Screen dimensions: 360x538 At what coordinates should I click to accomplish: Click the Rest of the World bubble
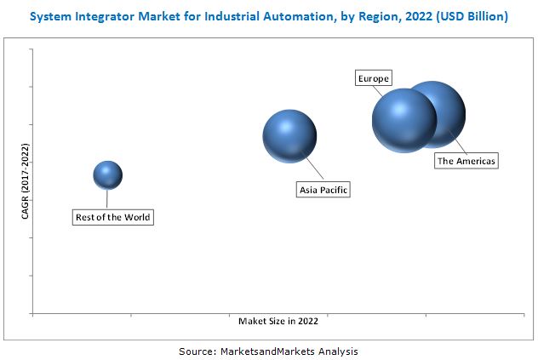coord(107,175)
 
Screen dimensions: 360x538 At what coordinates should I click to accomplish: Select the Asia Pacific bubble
coord(289,136)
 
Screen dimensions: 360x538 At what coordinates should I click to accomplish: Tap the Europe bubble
coord(403,120)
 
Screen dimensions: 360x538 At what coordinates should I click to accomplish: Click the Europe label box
coord(373,79)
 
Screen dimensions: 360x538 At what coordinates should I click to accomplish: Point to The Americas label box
coord(466,160)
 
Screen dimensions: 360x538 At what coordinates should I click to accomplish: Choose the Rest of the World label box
coord(112,217)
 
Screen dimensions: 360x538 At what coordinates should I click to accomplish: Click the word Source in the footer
coord(197,351)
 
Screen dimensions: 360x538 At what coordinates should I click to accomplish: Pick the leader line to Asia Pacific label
coord(307,169)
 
